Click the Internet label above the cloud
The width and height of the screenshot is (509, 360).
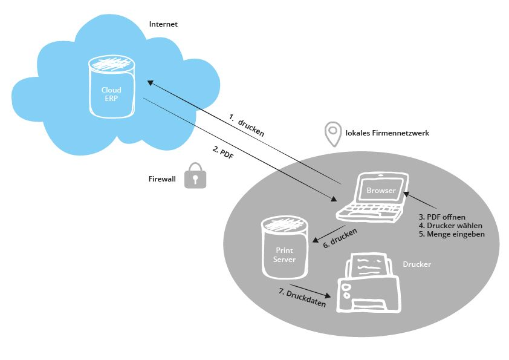coord(163,24)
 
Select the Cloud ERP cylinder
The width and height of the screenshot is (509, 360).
coord(112,86)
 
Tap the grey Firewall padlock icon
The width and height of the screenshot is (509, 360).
coord(195,175)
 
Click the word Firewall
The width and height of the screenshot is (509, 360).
coord(162,178)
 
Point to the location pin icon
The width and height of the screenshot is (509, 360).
coord(333,134)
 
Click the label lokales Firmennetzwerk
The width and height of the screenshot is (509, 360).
coord(387,133)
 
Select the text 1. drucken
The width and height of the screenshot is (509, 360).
coord(247,125)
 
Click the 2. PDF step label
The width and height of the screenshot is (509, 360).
coord(223,152)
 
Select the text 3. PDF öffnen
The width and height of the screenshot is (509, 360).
coord(442,217)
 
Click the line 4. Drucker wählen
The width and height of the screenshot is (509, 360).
coord(450,226)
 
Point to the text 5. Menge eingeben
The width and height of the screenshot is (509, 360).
coord(452,234)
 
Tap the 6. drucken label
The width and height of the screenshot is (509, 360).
coord(340,238)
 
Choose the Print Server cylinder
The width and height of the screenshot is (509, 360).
coord(285,248)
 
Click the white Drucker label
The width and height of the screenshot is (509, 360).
coord(417,264)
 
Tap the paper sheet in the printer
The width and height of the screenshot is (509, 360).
coord(369,266)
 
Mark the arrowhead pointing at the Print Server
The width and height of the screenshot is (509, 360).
coord(315,240)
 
